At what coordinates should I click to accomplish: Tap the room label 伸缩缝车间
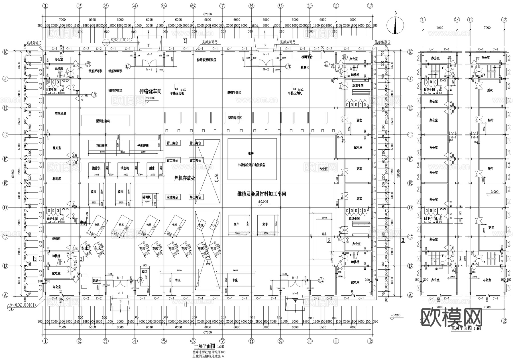tap(150, 91)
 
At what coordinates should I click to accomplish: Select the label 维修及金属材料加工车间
tap(262, 194)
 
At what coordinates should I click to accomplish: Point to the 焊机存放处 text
tap(185, 178)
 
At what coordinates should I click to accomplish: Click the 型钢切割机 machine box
tap(105, 121)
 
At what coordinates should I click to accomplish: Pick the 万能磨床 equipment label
tap(102, 146)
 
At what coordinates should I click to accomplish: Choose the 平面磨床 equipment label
tap(143, 146)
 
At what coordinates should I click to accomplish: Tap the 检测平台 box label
tap(307, 57)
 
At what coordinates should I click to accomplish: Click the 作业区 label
tap(323, 169)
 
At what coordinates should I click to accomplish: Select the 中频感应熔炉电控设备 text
tap(252, 165)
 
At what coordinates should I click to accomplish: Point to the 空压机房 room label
tap(60, 113)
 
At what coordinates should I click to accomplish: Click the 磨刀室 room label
tap(57, 148)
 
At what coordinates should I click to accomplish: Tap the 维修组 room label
tap(56, 238)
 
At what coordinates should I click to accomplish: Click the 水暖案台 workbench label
tap(172, 197)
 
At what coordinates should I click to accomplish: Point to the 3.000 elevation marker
tap(494, 192)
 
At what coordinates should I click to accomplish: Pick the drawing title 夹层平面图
tap(461, 328)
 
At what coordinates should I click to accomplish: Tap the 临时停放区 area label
tap(115, 90)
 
